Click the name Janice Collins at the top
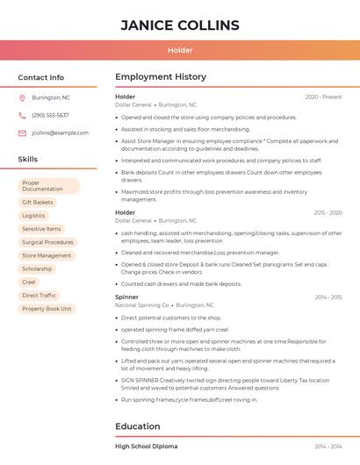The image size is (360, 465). pyautogui.click(x=180, y=25)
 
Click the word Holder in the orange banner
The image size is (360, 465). pyautogui.click(x=180, y=50)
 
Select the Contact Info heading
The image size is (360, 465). pyautogui.click(x=41, y=77)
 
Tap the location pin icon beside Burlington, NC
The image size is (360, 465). pyautogui.click(x=22, y=97)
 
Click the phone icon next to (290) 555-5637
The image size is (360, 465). pyautogui.click(x=22, y=115)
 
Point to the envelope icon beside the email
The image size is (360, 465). pyautogui.click(x=22, y=133)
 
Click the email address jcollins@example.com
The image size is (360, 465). pyautogui.click(x=60, y=133)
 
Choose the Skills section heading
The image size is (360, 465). pyautogui.click(x=28, y=159)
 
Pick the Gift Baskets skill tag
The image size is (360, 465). pyautogui.click(x=38, y=202)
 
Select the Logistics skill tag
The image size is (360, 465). pyautogui.click(x=33, y=215)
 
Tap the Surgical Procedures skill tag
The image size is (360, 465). pyautogui.click(x=47, y=242)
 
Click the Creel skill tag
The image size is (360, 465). pyautogui.click(x=29, y=282)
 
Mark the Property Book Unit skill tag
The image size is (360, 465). pyautogui.click(x=46, y=309)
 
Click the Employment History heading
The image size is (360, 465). pyautogui.click(x=161, y=77)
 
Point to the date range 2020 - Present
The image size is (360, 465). pyautogui.click(x=323, y=97)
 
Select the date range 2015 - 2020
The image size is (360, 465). pyautogui.click(x=327, y=212)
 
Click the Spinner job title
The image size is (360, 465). pyautogui.click(x=126, y=297)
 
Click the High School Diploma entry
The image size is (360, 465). pyautogui.click(x=146, y=447)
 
